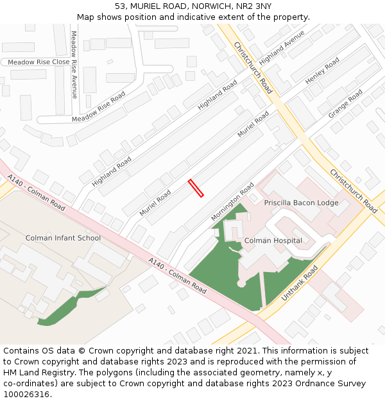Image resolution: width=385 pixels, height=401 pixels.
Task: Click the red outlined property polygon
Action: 196,188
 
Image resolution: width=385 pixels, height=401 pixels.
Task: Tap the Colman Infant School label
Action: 63,238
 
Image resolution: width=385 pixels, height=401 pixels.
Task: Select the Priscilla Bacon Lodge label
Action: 301,202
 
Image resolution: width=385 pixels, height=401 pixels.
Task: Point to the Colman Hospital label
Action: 273,241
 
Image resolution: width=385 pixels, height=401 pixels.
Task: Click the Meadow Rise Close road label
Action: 38,62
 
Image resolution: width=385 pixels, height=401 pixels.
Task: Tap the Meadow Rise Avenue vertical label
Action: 74,64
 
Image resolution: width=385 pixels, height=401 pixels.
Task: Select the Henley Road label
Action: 322,71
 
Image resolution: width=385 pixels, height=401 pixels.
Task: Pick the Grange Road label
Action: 345,103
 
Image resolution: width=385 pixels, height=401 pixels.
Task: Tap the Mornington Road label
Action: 232,201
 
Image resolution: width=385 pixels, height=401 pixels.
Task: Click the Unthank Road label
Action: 300,284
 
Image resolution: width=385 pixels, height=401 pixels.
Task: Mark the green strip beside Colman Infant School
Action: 71,307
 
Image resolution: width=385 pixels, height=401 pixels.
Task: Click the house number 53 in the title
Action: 120,6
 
